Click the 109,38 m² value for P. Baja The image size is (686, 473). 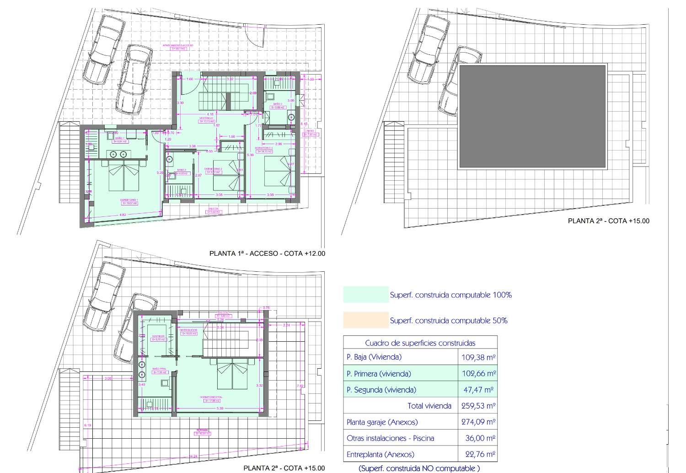coord(478,357)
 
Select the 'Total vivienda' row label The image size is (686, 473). coord(429,406)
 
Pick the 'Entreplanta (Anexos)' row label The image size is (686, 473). coord(381,454)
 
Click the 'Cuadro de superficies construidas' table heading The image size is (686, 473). coord(420,343)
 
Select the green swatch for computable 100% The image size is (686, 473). coord(365,295)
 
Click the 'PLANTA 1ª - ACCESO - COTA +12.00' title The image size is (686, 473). coord(267,253)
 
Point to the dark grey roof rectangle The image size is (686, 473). coord(532,117)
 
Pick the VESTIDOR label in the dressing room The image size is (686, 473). coord(158,336)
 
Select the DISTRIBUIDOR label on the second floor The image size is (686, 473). coord(188,330)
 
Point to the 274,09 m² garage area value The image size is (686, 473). coord(478,422)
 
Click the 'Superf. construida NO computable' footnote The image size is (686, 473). coord(419,468)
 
